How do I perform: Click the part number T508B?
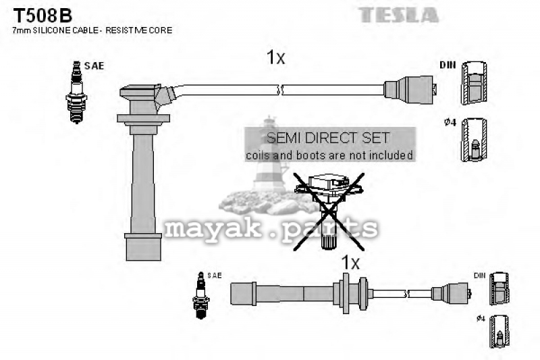click(x=43, y=16)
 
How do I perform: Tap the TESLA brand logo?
click(x=398, y=15)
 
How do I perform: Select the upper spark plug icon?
click(x=76, y=93)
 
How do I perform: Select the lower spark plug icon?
click(x=200, y=295)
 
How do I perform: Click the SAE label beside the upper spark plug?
click(x=94, y=66)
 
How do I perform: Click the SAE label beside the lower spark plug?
click(x=214, y=276)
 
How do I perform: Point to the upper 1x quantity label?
click(x=276, y=57)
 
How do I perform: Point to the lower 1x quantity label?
click(x=350, y=263)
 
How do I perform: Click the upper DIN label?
click(x=448, y=65)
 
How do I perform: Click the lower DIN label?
click(x=480, y=276)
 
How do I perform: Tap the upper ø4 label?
click(x=450, y=122)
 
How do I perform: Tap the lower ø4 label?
click(x=481, y=319)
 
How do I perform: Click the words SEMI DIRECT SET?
click(x=328, y=138)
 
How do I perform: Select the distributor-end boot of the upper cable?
click(x=410, y=90)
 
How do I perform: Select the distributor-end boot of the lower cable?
click(x=452, y=294)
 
